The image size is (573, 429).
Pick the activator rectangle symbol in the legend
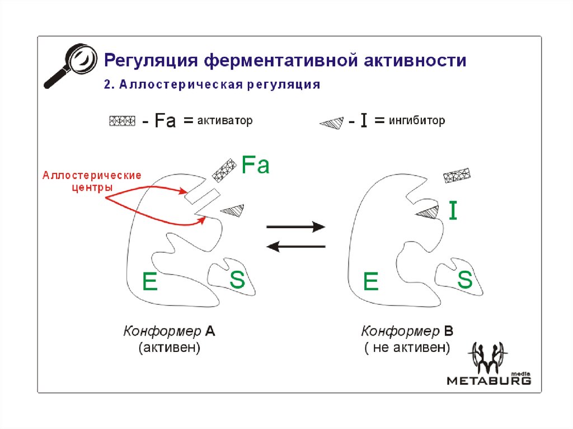click(122, 121)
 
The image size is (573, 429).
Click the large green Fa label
click(255, 165)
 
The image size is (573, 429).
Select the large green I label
click(453, 211)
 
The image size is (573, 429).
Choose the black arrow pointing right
click(295, 227)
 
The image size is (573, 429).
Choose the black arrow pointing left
click(295, 246)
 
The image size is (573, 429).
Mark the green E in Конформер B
click(370, 281)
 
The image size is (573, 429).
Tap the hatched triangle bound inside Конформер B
click(429, 212)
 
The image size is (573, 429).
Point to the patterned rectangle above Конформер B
click(457, 176)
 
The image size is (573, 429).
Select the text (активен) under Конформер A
click(170, 348)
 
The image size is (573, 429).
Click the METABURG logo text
click(489, 380)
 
